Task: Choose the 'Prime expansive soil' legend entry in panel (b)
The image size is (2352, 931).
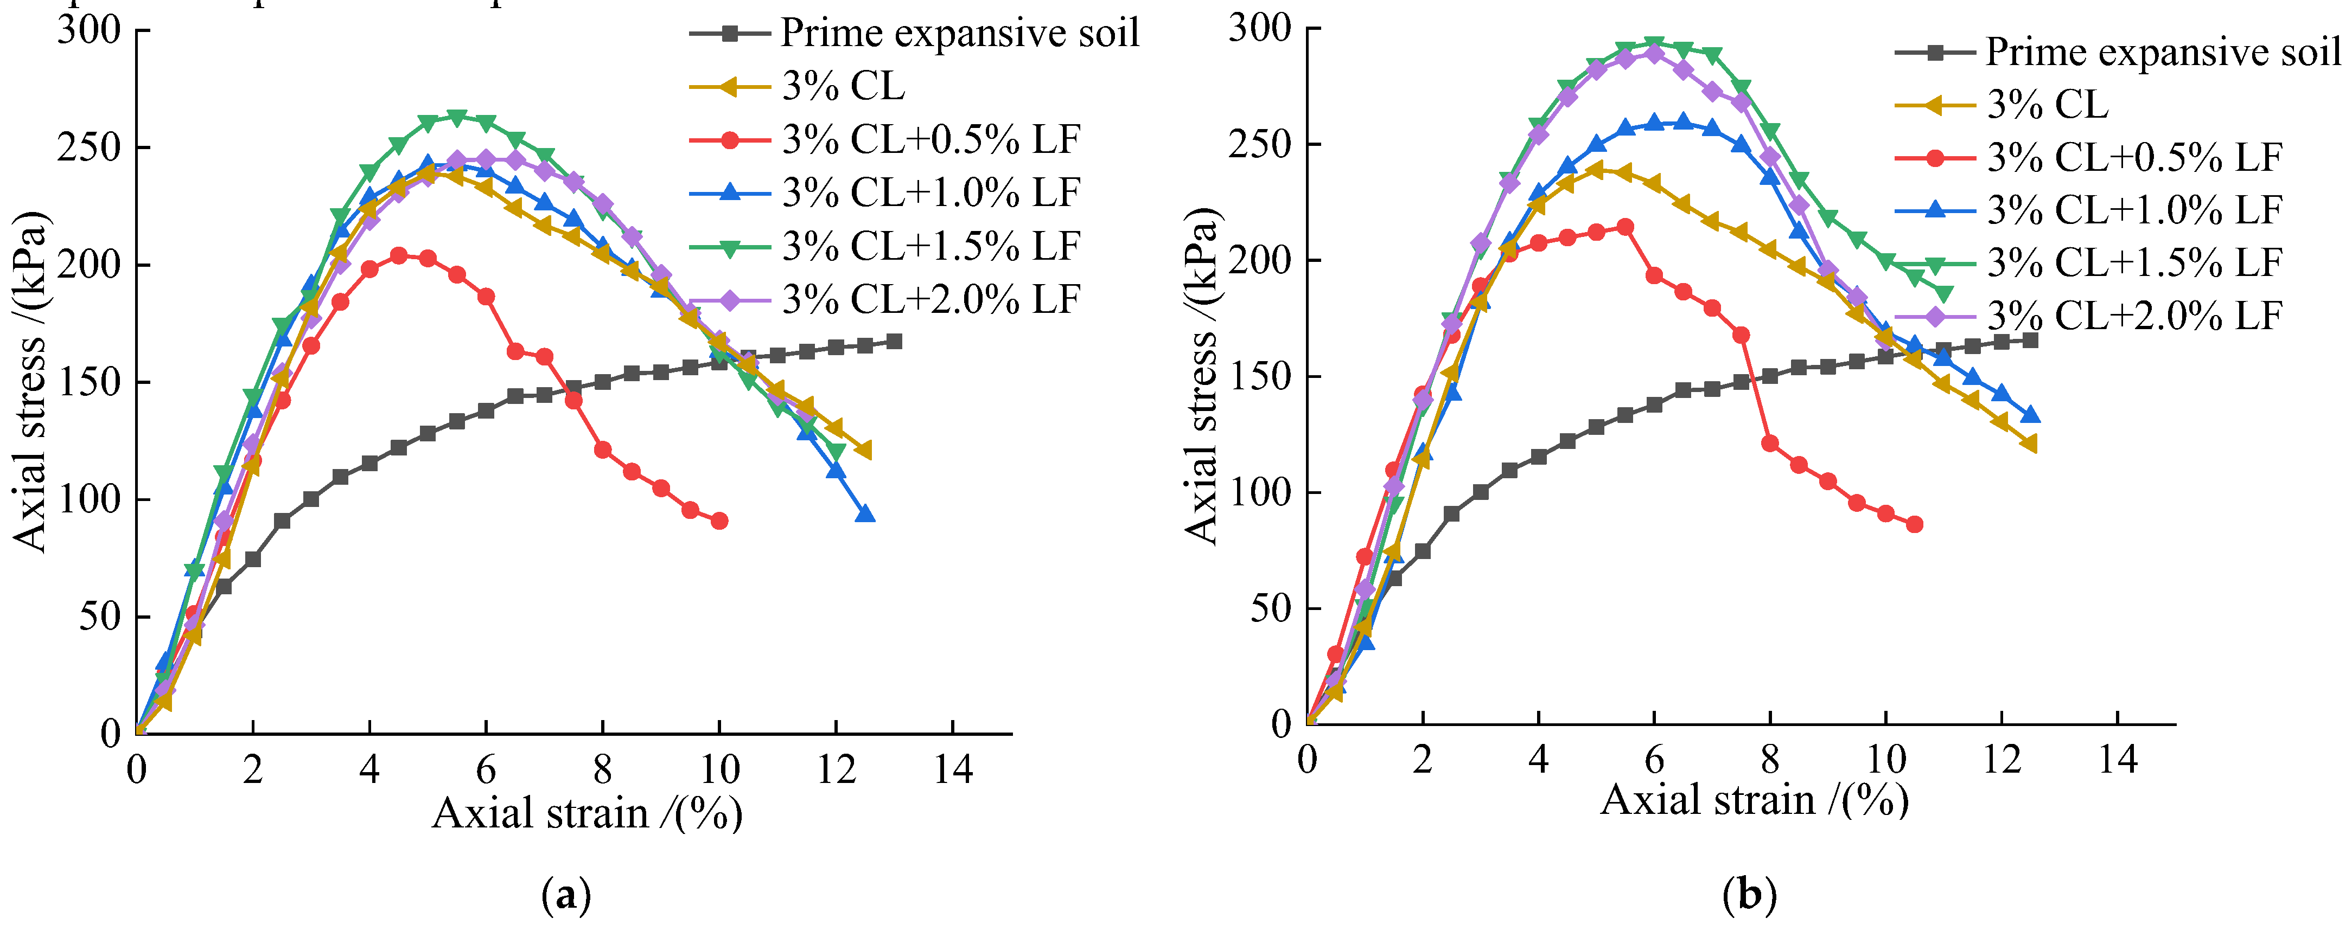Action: pos(2162,52)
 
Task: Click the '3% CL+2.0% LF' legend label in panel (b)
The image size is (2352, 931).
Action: pos(2134,316)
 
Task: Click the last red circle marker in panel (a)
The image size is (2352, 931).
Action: pos(719,521)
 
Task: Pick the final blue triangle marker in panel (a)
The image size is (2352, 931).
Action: pos(865,515)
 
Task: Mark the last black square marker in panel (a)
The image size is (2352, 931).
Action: pos(895,342)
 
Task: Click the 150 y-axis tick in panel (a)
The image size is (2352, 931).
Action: pos(88,382)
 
